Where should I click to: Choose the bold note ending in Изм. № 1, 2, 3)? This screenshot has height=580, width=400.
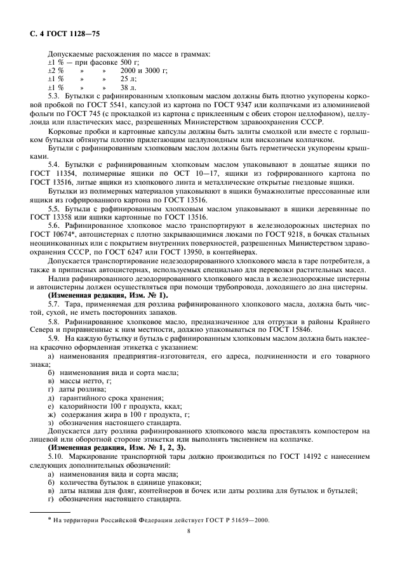point(117,447)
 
